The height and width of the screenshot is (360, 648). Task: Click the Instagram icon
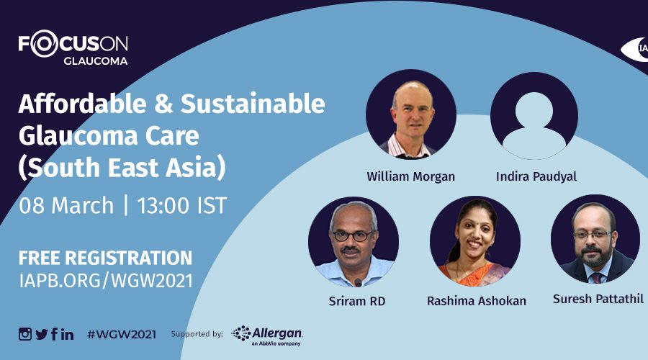pos(24,334)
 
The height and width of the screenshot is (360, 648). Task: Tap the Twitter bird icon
pos(41,334)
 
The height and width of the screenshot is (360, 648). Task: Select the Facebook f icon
pos(54,334)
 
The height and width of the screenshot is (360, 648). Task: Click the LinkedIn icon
pos(68,334)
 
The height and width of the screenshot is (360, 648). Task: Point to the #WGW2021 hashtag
pos(122,334)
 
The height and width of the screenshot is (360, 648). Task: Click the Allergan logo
pos(267,336)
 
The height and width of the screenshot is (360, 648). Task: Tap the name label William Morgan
pos(411,177)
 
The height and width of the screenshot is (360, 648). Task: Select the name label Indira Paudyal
pos(536,176)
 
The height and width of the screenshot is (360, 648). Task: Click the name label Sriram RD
pos(357,301)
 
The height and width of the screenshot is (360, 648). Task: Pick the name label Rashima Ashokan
pos(477,301)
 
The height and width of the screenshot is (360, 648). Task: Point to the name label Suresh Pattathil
pos(598,299)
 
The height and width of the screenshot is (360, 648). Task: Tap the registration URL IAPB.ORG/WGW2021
pos(106,281)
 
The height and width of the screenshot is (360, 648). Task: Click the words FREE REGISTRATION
pos(105,258)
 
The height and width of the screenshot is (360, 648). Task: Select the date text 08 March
pos(66,205)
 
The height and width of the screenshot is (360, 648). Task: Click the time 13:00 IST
pos(182,205)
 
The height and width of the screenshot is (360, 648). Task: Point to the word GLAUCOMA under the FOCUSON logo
pos(96,60)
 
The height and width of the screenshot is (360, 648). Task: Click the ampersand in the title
pos(163,104)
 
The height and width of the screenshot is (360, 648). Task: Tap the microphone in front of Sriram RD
pos(358,283)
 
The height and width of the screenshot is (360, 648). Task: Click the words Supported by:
pos(197,334)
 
